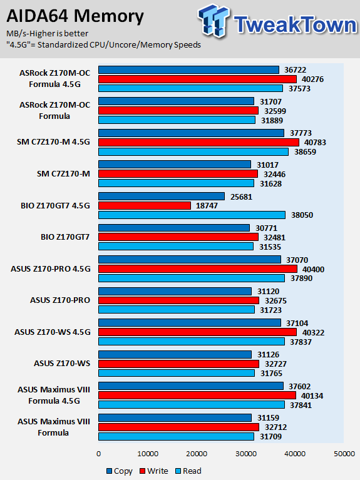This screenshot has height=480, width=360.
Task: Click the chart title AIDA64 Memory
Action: tap(75, 16)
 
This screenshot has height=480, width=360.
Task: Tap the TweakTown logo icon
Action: tap(214, 21)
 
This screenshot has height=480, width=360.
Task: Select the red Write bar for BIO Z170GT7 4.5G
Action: tap(145, 206)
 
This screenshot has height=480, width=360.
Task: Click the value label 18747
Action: tap(207, 206)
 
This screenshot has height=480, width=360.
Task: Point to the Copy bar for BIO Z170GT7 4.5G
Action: tap(162, 197)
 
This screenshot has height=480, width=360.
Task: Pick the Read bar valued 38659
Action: tap(193, 152)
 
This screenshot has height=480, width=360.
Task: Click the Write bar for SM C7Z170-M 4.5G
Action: tap(198, 142)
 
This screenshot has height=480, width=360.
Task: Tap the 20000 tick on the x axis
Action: tap(197, 454)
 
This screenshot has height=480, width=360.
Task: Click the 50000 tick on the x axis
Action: tap(344, 454)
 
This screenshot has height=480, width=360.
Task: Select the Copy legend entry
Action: tap(120, 471)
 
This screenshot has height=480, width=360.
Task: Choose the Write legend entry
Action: tap(154, 471)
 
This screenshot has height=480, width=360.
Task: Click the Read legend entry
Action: tap(188, 471)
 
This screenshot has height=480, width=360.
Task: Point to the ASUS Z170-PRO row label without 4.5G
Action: tap(60, 300)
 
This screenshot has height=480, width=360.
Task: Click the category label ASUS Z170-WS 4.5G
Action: tap(53, 332)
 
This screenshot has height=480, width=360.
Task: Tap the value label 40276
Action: tap(312, 79)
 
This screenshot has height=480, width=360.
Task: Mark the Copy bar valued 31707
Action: tap(176, 101)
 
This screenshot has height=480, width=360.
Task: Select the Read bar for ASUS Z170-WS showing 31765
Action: tap(177, 373)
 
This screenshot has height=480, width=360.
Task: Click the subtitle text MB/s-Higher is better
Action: tap(47, 33)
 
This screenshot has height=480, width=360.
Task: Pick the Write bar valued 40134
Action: tap(197, 396)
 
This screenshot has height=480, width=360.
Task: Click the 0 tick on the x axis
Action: tap(98, 454)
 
